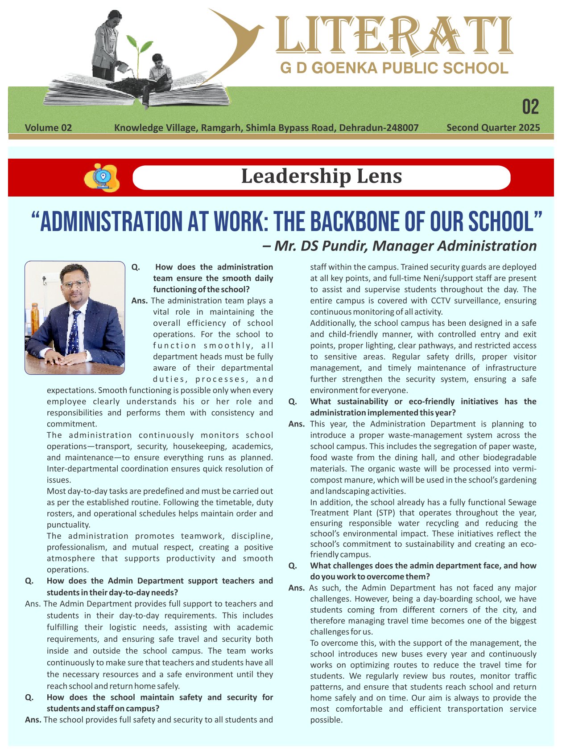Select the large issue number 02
click(x=530, y=107)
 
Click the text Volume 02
click(x=48, y=128)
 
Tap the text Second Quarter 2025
click(x=493, y=128)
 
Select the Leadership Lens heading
click(x=321, y=176)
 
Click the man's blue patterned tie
click(x=74, y=334)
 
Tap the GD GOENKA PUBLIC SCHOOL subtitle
click(x=394, y=68)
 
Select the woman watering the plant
click(x=108, y=45)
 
